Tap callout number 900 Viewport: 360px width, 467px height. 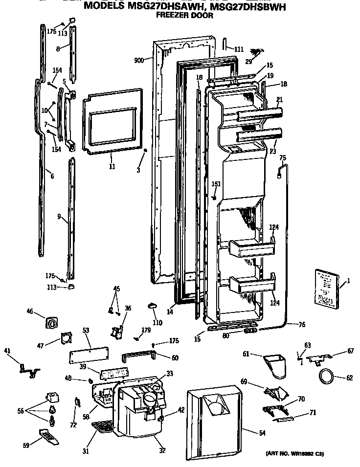pos(139,61)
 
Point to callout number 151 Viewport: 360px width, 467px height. pos(216,184)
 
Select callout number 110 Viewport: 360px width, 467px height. pos(157,323)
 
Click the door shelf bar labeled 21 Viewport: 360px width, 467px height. pos(259,115)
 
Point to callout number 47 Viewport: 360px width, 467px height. pos(41,346)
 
